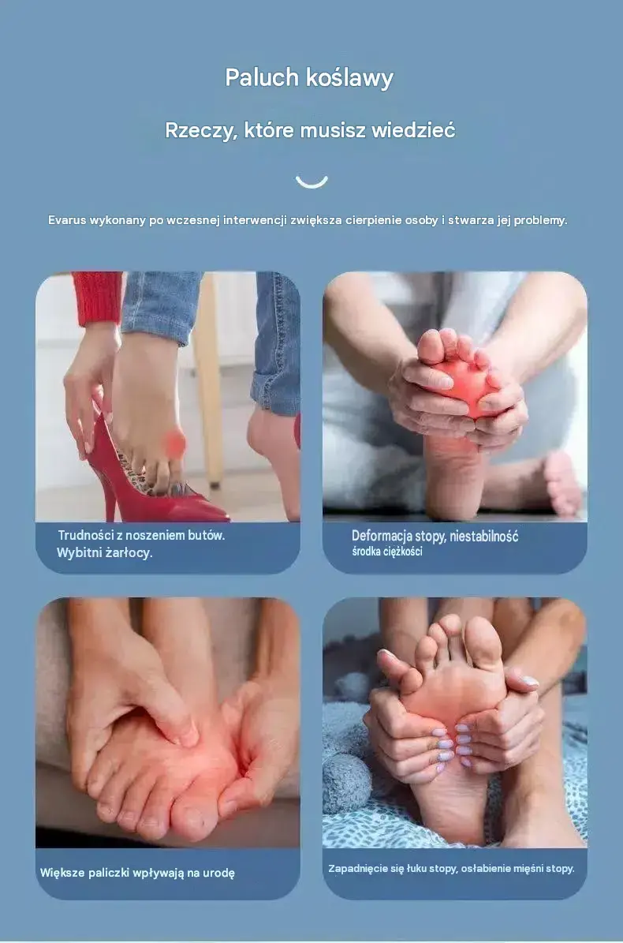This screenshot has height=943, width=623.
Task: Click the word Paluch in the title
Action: point(261,77)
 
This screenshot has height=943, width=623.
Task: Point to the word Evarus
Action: point(67,220)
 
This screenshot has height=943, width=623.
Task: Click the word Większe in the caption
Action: point(62,873)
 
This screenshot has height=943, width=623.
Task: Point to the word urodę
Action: point(218,873)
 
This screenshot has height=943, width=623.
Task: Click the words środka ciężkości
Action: point(387,552)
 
